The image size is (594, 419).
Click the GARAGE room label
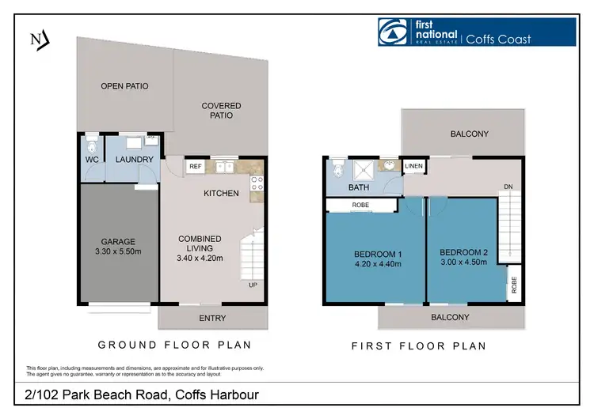117,242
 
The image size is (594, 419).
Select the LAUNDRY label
133,159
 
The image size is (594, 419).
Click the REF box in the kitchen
194,167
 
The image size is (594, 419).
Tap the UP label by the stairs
253,285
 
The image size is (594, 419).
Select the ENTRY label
212,319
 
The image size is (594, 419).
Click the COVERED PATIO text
221,110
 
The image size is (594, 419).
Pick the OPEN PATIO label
124,86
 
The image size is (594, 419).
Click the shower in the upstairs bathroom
366,168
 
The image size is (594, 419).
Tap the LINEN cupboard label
414,166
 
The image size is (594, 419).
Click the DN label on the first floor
507,187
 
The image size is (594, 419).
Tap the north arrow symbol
37,39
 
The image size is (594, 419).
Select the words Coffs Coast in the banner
497,39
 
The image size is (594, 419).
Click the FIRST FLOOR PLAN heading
418,345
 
